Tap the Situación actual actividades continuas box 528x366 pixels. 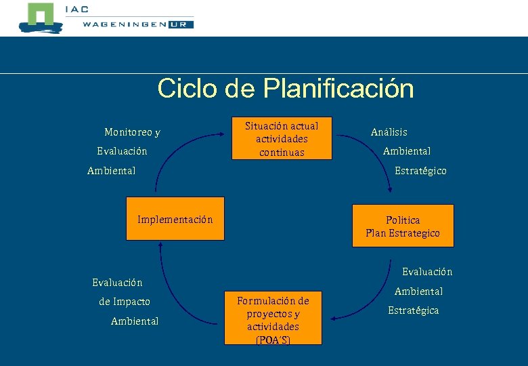point(282,139)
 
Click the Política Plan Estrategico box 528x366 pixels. point(403,226)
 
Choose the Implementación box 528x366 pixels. point(175,220)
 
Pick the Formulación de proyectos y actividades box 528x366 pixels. point(273,319)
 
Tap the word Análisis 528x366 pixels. point(389,132)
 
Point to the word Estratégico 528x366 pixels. point(420,171)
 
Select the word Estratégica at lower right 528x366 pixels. point(413,310)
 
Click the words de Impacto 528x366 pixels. point(125,302)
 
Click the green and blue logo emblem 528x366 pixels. point(39,18)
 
